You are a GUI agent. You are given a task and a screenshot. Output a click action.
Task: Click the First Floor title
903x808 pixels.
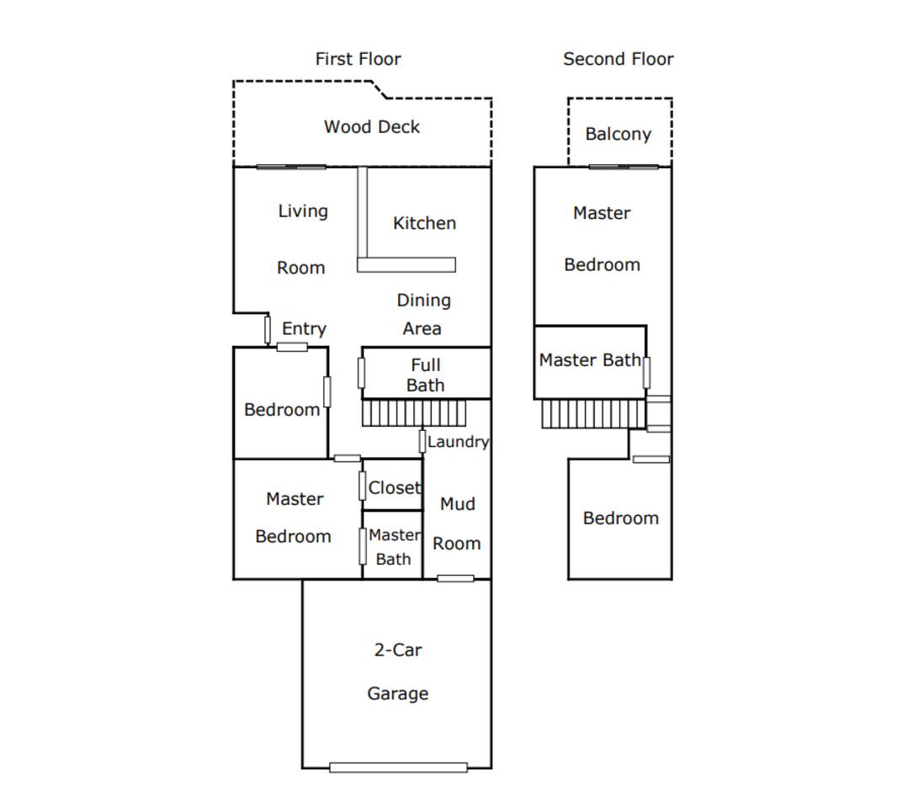[x=358, y=59]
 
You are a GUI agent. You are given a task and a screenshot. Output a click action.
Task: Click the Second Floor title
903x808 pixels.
[x=618, y=59]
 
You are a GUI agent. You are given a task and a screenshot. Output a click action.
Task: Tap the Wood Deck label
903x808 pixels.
[x=371, y=127]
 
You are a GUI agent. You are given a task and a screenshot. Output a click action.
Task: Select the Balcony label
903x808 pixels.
[x=618, y=134]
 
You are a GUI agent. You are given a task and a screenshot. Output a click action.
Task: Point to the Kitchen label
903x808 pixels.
[x=424, y=223]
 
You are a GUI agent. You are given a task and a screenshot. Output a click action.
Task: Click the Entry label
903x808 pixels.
[x=304, y=329]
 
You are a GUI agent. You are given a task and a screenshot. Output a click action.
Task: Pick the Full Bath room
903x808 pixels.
[x=426, y=373]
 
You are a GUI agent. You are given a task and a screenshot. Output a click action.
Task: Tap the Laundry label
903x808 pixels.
[x=459, y=442]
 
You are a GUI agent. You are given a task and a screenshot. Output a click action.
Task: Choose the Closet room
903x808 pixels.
[x=393, y=484]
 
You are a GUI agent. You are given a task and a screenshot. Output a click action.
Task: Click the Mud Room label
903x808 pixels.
[x=457, y=524]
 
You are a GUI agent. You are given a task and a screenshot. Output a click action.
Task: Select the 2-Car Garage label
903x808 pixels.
[x=397, y=672]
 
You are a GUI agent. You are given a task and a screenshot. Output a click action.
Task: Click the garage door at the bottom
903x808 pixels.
[x=398, y=767]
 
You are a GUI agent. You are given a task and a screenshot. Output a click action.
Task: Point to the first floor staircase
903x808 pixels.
[x=413, y=413]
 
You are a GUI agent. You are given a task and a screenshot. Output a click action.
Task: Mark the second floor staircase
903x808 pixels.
[x=593, y=413]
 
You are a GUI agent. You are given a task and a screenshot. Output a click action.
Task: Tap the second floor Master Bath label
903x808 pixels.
[x=590, y=360]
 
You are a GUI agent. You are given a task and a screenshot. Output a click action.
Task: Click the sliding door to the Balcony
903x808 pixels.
[x=624, y=167]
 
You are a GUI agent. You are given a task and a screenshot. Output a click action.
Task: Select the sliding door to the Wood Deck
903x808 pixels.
[x=291, y=167]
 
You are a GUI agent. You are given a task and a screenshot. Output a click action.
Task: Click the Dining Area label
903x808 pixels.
[x=423, y=315]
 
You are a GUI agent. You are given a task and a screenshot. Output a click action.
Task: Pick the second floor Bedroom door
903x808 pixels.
[x=651, y=460]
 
